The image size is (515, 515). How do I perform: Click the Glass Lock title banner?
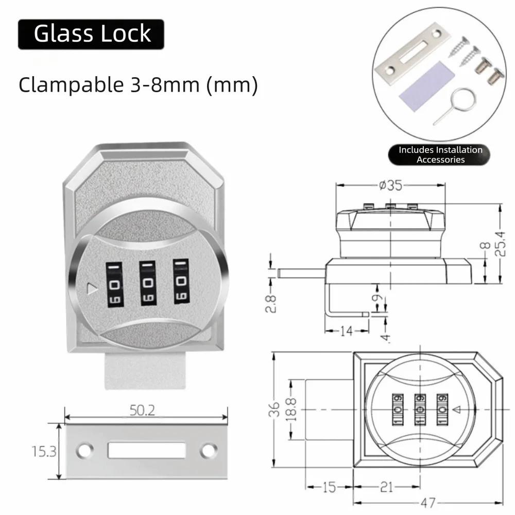(91, 34)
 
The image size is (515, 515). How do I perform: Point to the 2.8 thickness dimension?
(271, 303)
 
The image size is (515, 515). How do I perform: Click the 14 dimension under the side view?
(347, 331)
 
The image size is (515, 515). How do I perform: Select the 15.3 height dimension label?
(44, 451)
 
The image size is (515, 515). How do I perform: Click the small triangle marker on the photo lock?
(92, 289)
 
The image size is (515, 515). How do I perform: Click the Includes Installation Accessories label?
(440, 154)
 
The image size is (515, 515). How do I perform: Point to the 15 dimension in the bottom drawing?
(329, 487)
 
